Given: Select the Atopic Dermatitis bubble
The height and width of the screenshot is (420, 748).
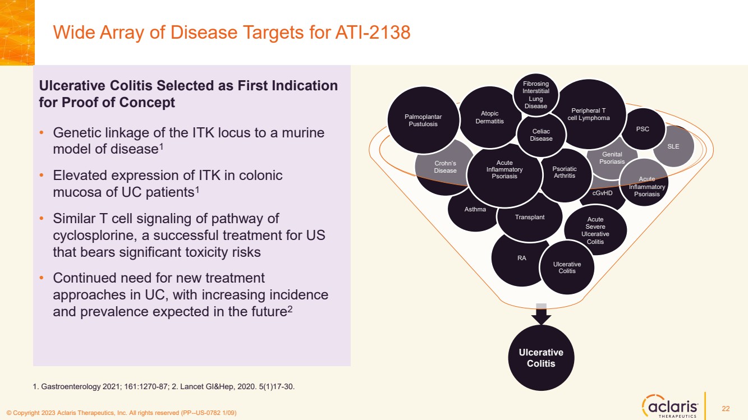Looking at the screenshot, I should [x=489, y=117].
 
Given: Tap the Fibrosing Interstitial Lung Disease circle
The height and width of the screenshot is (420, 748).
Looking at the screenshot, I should [x=535, y=95].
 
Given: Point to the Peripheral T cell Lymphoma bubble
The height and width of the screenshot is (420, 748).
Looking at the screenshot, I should [x=590, y=114].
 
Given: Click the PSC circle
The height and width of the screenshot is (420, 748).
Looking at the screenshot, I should [x=643, y=129].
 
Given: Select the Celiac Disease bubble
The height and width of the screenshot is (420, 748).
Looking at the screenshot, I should [x=541, y=135].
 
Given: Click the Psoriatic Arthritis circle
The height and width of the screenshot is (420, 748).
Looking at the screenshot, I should [x=565, y=172].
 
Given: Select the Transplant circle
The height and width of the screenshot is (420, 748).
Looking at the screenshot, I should [x=529, y=217].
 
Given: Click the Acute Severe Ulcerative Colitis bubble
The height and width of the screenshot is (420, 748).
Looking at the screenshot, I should [x=596, y=230].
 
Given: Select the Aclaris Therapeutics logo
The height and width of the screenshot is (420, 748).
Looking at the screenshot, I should [x=671, y=405].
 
